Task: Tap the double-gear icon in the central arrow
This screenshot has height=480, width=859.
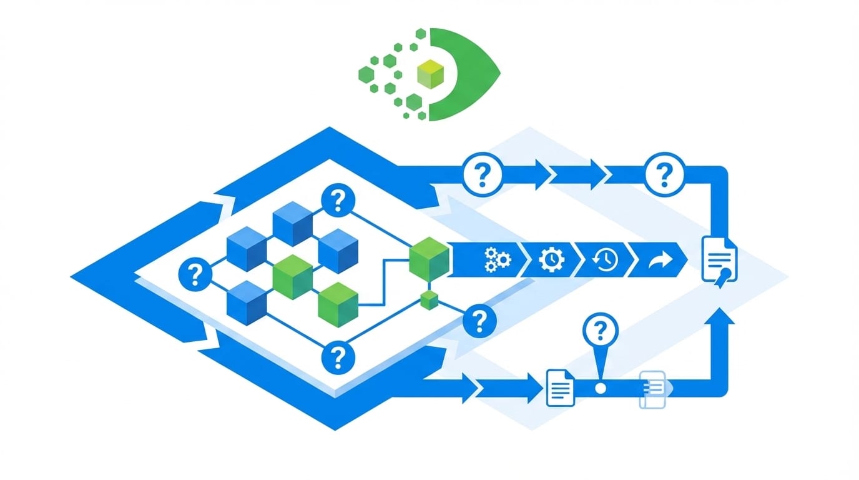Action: click(x=498, y=259)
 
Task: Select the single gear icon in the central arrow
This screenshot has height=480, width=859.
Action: click(x=551, y=259)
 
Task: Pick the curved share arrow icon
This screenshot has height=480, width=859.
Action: click(x=657, y=259)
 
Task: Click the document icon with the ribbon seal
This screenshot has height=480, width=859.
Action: click(x=719, y=259)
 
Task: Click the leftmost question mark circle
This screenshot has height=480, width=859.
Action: click(x=195, y=274)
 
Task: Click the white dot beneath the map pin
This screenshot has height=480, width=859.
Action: click(x=601, y=388)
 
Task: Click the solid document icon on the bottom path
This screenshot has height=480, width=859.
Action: click(x=560, y=387)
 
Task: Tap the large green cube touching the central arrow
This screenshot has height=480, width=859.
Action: click(x=429, y=258)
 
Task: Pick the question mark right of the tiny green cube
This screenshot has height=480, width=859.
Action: click(x=479, y=321)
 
